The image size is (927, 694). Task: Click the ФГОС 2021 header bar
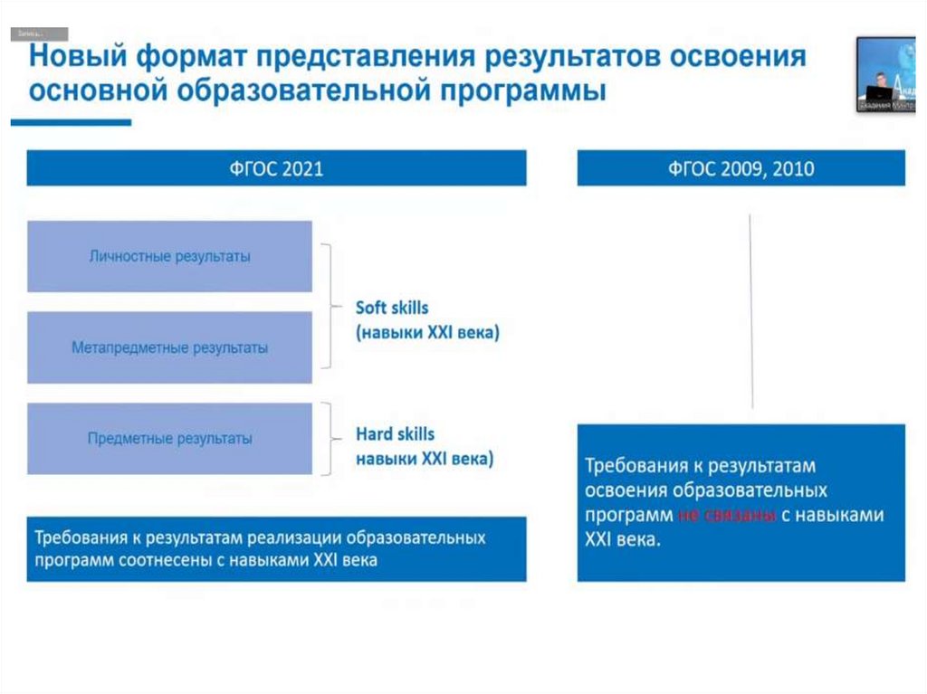tap(276, 168)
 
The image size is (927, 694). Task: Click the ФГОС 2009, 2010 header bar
tap(741, 168)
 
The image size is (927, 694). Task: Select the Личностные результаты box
tap(169, 256)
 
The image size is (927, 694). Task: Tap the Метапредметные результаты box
tap(169, 347)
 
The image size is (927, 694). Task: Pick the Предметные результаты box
tap(169, 439)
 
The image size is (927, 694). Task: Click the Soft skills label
tap(392, 308)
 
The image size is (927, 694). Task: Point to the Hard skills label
tap(395, 434)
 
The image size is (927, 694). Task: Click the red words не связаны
tap(726, 515)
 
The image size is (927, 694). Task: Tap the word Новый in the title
tap(80, 57)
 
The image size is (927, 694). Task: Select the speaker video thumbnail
tap(885, 74)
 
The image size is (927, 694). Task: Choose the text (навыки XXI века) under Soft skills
tap(427, 333)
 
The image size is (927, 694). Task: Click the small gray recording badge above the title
tap(39, 34)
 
